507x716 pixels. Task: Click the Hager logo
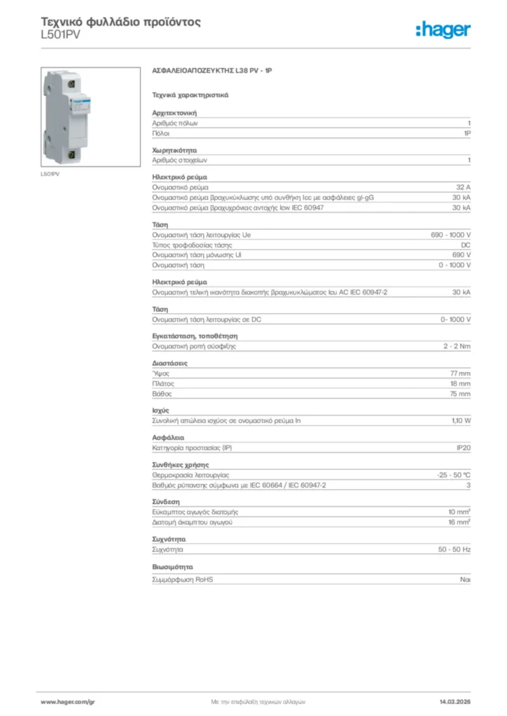coord(443,29)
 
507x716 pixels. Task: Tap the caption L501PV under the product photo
coord(50,173)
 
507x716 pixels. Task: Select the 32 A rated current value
coord(463,187)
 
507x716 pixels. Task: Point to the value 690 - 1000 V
coord(450,235)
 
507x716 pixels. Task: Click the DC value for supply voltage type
coord(466,245)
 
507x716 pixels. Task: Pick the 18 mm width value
coord(460,384)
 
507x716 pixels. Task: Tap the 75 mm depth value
coord(460,394)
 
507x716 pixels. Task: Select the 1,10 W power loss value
coord(461,421)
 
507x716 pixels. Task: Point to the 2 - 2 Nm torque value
coord(457,347)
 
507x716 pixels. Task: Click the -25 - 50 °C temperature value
coord(453,475)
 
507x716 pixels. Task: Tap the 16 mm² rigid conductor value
coord(459,522)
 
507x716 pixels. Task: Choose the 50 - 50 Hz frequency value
coord(454,550)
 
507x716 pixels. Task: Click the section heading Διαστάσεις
coord(169,364)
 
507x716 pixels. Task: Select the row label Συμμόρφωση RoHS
coord(183,580)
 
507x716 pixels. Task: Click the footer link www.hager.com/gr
coord(67,701)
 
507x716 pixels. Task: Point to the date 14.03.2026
coord(454,701)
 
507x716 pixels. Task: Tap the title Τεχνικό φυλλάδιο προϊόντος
coord(120,22)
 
